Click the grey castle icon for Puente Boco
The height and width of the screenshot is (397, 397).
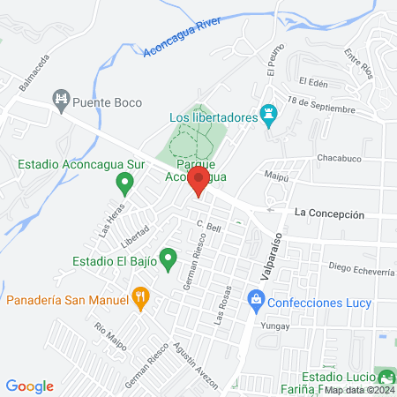coord(61,100)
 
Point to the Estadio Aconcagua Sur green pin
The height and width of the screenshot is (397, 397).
coord(124,184)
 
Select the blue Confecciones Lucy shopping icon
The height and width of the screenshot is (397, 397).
coord(255,302)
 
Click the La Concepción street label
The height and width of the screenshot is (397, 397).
coord(329,213)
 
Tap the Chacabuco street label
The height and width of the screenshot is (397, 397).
coord(341,159)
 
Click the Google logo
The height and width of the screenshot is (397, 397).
coord(29,386)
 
